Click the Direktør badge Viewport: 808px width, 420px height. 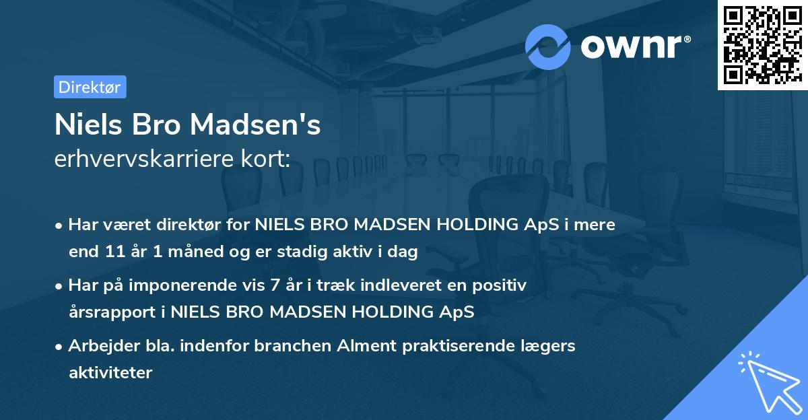point(90,87)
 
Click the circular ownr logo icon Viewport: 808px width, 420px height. point(548,46)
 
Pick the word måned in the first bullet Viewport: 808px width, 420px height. point(184,252)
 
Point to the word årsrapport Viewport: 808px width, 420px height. point(101,312)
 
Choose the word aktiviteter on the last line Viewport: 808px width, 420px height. point(110,372)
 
